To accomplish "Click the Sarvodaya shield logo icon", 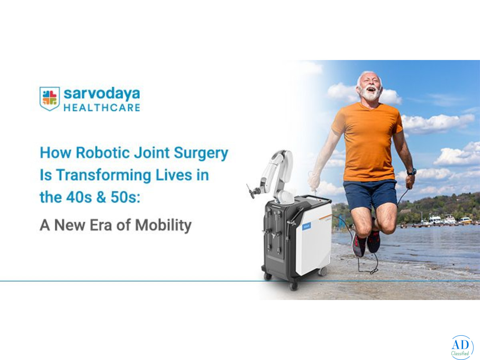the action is pos(50,98).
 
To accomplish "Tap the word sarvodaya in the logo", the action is pos(102,94).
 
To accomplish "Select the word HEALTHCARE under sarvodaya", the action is pos(102,108).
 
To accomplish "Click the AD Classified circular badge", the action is pos(462,347).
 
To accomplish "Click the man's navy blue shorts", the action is pos(370,194).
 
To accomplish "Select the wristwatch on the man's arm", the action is pos(411,172).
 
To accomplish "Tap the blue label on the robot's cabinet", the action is pos(306,226).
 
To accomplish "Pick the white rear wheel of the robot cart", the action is pos(322,272).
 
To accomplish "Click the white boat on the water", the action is pos(435,220).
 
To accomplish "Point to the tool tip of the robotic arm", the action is pos(251,192).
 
